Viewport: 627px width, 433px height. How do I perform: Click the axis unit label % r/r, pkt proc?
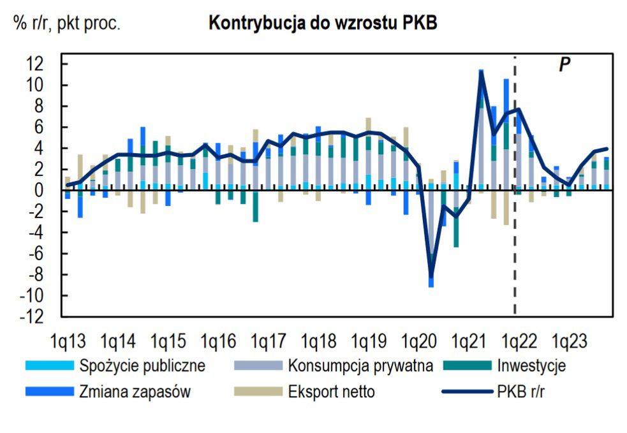click(x=66, y=24)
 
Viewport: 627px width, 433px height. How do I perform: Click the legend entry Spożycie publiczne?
click(x=142, y=366)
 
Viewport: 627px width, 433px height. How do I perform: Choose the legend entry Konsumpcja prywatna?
click(x=360, y=366)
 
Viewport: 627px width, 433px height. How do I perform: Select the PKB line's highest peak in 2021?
click(x=482, y=71)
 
